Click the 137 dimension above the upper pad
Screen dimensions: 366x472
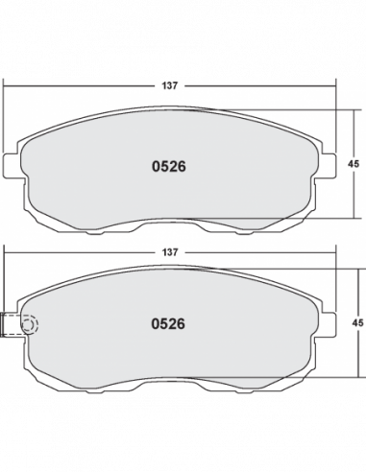(x=169, y=85)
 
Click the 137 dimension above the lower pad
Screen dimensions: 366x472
(x=169, y=252)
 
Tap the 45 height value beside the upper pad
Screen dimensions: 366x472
(x=354, y=164)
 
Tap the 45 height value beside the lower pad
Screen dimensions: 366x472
(x=357, y=323)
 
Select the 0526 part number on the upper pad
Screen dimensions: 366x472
(x=169, y=167)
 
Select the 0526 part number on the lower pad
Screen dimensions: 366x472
(x=168, y=324)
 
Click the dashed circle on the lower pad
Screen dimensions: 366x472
(x=30, y=325)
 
